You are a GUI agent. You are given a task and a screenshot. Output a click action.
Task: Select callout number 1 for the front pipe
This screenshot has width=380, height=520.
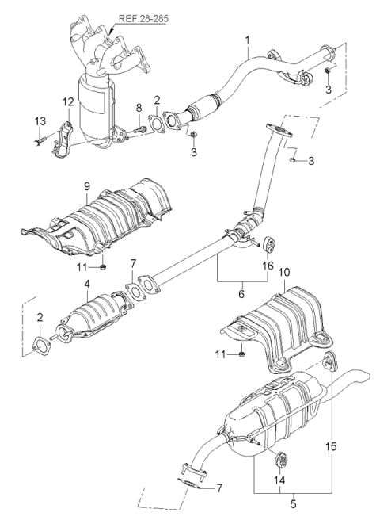coord(247,39)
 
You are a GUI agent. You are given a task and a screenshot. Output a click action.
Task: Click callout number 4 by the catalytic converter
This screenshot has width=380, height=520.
coord(85,283)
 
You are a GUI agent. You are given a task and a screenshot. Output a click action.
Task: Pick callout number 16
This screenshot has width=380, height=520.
coord(268,266)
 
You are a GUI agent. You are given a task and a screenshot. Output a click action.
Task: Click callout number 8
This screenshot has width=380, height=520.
coord(139,107)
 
